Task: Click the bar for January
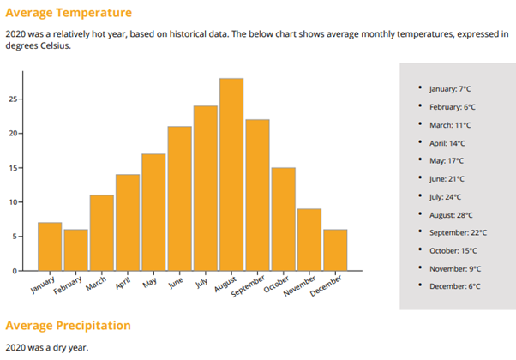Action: (50, 246)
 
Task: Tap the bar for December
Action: (335, 249)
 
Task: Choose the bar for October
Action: (283, 219)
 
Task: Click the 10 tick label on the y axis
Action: (12, 202)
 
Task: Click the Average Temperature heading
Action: (69, 13)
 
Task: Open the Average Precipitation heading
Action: (69, 326)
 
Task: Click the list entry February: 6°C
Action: (453, 106)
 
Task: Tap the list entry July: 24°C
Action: (446, 196)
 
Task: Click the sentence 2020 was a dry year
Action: (46, 347)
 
